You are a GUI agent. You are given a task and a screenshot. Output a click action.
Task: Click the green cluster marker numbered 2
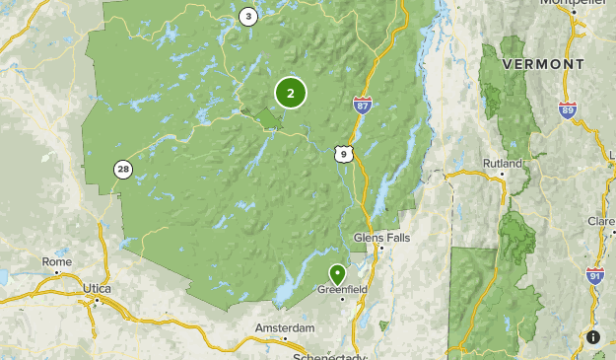click(x=291, y=94)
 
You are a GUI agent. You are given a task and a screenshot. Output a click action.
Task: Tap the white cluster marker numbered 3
click(x=247, y=16)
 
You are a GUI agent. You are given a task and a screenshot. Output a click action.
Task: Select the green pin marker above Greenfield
click(x=338, y=274)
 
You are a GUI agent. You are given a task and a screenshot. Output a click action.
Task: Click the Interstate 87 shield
click(x=362, y=104)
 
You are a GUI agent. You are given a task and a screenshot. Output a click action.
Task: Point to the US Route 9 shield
click(x=342, y=154)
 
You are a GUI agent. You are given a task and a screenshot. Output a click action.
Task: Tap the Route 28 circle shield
click(x=123, y=170)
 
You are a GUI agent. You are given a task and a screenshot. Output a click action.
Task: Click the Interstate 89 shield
click(x=567, y=110)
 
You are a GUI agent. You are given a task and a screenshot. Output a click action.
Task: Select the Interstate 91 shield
click(x=594, y=276)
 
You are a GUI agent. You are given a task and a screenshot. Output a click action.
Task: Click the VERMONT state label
click(x=543, y=63)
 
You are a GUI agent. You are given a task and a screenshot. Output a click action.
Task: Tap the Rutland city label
click(x=502, y=163)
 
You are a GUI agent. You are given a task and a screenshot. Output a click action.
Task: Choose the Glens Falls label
click(x=380, y=238)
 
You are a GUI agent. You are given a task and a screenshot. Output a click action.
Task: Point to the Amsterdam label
click(x=285, y=327)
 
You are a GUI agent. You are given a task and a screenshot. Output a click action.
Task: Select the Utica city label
click(x=97, y=288)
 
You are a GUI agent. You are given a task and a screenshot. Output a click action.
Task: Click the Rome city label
click(x=56, y=261)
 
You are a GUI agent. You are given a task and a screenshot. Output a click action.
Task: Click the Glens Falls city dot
click(x=380, y=248)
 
